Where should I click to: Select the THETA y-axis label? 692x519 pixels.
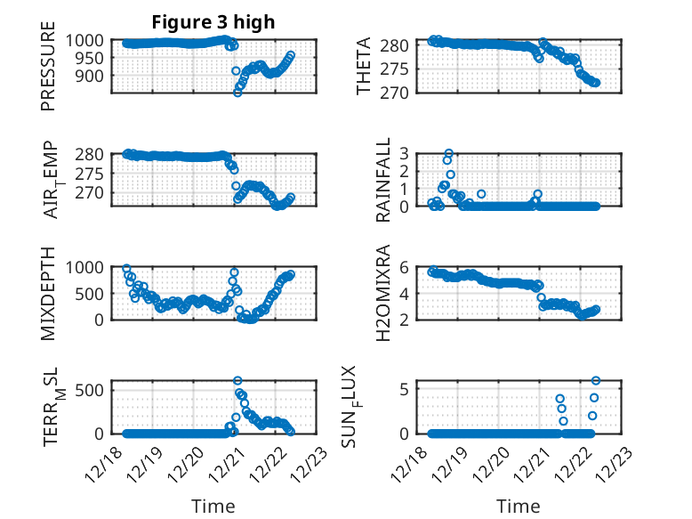pos(365,67)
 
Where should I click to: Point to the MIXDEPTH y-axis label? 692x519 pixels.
pos(48,293)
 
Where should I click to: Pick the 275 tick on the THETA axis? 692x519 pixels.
pos(396,69)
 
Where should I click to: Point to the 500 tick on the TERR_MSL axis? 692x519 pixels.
pos(95,389)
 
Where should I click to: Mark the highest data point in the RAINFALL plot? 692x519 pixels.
pos(449,153)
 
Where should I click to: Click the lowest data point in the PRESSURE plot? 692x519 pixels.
pos(237,93)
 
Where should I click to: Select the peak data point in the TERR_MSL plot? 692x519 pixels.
pos(237,380)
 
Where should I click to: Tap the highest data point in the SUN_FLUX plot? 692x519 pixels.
pos(596,381)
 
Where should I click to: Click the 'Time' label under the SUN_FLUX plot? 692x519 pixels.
pos(518,507)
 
